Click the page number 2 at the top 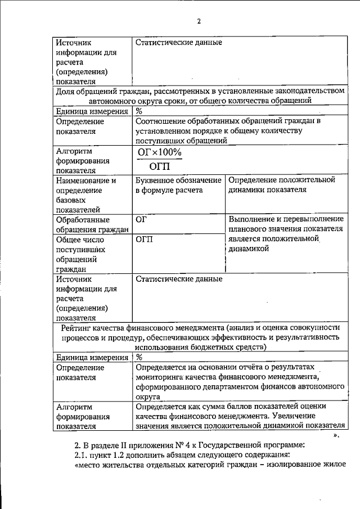199,21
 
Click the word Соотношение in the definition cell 163,121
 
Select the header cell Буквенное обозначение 178,181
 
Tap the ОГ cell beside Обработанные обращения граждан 141,219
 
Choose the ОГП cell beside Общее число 144,239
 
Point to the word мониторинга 162,377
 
